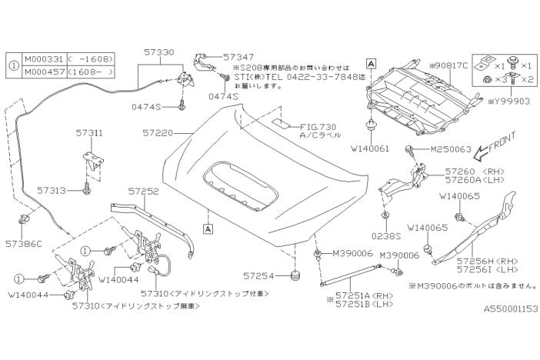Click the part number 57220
(x=158, y=132)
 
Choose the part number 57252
(x=143, y=189)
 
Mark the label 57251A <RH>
(x=358, y=295)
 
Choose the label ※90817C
(x=447, y=66)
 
